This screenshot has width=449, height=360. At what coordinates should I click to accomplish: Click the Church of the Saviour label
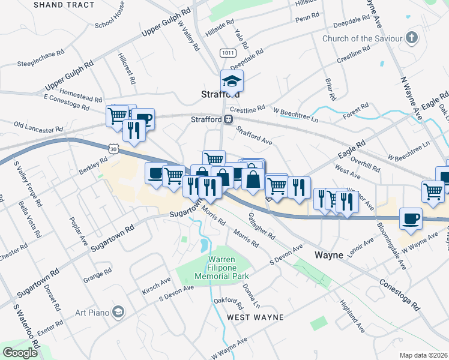coord(362,39)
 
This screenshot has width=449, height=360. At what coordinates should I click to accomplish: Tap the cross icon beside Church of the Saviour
coord(411,39)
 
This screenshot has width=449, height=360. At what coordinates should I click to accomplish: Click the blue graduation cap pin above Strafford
coord(232,81)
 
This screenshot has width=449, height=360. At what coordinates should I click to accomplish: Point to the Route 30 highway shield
coord(114,146)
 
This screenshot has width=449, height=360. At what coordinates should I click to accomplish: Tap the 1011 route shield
coord(227,53)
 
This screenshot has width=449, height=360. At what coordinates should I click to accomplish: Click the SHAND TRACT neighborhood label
coord(64,5)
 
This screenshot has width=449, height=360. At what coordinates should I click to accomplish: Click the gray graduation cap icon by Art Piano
coord(119,311)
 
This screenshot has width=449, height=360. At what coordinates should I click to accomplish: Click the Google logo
coord(20,353)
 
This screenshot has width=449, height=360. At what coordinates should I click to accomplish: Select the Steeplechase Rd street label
coord(41,53)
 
